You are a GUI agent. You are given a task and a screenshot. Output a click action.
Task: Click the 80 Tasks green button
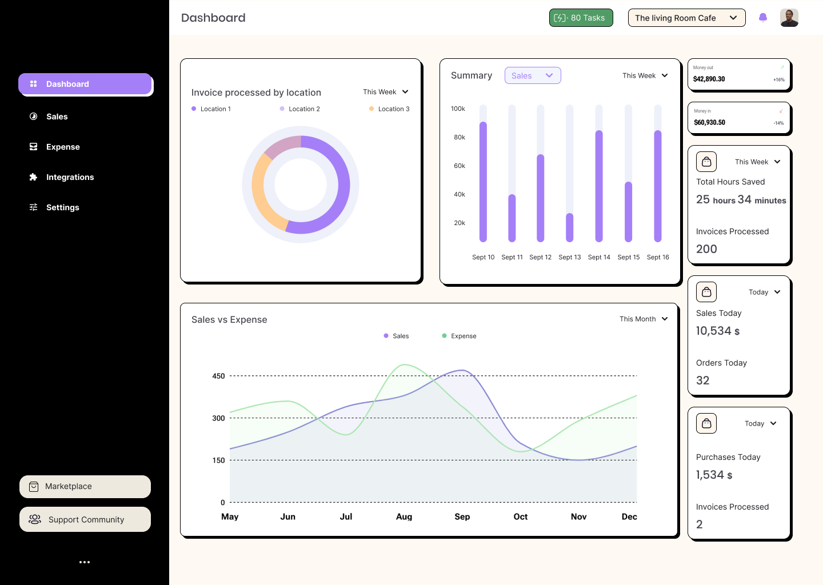581,18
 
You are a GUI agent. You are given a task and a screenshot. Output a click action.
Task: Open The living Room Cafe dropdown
686,18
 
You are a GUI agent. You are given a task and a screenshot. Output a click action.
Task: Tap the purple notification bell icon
762,18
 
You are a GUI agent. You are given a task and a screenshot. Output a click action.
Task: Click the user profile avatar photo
789,18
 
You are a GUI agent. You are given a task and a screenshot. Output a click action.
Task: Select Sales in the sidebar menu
57,117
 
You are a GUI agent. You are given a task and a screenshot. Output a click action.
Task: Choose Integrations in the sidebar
70,177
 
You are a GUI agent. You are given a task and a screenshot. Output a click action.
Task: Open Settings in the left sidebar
62,207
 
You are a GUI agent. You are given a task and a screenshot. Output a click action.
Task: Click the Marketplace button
85,487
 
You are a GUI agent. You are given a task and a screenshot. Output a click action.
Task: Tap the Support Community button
85,519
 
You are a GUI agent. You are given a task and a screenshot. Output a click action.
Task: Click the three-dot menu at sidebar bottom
85,562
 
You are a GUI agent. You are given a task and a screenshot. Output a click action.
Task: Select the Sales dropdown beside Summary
532,75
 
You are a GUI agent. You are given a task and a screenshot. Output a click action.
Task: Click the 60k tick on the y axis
459,166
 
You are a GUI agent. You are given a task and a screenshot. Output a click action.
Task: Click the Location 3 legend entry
390,109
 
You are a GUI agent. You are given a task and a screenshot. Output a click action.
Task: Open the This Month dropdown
644,319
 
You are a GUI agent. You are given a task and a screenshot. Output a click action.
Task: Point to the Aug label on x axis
404,516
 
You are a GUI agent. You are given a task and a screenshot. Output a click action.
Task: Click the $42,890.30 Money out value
709,79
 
